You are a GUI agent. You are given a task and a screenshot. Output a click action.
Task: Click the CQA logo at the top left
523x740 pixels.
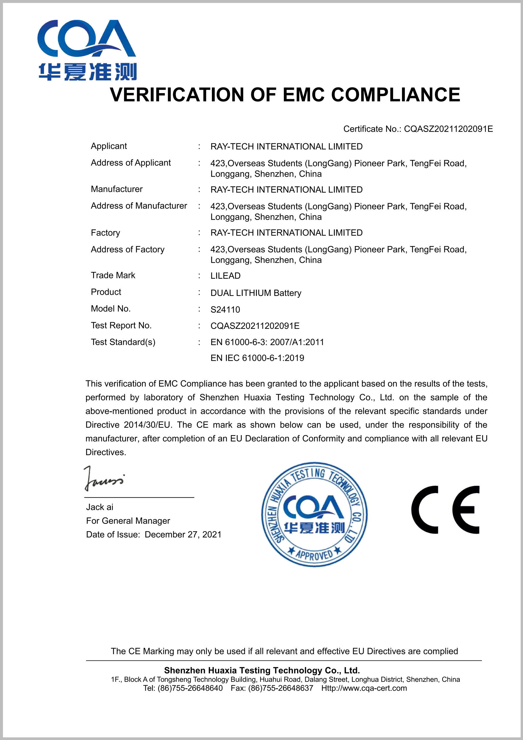click(x=87, y=50)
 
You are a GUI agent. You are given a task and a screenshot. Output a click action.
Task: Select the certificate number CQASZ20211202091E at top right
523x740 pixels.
click(x=448, y=129)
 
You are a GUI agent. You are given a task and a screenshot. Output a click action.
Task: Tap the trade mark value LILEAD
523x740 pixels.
click(x=225, y=276)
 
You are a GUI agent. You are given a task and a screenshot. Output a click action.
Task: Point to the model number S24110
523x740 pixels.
click(x=225, y=310)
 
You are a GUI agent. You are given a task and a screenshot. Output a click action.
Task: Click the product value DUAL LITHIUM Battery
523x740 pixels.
click(x=256, y=293)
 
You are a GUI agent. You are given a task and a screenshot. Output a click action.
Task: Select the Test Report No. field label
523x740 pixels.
click(x=121, y=326)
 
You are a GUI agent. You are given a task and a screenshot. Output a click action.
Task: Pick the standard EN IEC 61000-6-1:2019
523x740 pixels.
click(x=257, y=358)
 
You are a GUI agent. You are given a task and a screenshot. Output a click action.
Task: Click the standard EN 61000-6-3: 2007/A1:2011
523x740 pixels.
click(x=267, y=342)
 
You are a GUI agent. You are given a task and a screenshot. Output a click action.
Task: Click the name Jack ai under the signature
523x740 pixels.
click(x=100, y=507)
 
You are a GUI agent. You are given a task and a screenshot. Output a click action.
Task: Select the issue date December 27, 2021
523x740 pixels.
click(x=183, y=535)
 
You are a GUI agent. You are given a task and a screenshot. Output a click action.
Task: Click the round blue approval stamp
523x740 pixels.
click(x=314, y=515)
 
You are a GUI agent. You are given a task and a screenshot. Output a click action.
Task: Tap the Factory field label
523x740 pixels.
click(x=105, y=233)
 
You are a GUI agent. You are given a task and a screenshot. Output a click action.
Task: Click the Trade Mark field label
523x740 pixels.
click(x=113, y=275)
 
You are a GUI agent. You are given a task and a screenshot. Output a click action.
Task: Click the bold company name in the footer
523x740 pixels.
click(x=262, y=670)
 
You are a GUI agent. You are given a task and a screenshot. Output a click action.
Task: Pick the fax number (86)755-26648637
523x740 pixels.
click(x=281, y=688)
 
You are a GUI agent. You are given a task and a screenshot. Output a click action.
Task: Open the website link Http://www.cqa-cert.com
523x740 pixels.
click(x=364, y=688)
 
